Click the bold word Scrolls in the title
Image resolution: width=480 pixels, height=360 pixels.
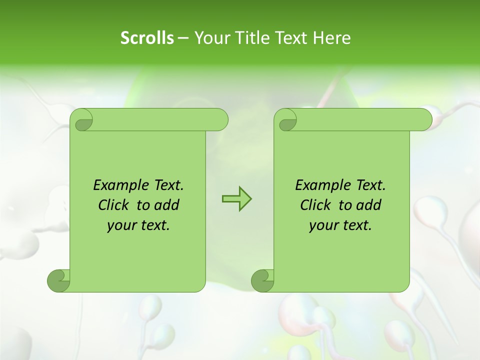(x=147, y=37)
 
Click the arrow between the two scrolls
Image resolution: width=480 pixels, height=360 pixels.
(x=236, y=199)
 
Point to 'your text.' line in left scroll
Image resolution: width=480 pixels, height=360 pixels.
(x=138, y=225)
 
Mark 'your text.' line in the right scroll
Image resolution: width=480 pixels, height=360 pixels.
(x=340, y=225)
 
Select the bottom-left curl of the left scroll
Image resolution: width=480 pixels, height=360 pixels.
(x=58, y=280)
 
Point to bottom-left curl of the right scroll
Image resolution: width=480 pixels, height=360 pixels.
(x=262, y=280)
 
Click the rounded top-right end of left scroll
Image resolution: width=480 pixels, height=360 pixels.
(x=220, y=119)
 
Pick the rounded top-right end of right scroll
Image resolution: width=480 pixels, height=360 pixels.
(x=424, y=119)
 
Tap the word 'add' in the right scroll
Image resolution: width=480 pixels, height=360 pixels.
(x=369, y=205)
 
